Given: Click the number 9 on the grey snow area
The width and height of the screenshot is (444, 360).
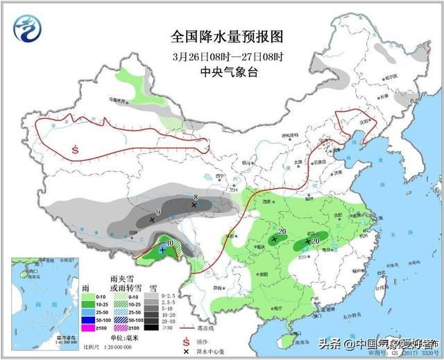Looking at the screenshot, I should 158,212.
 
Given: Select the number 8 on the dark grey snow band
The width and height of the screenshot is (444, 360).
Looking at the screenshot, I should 196,198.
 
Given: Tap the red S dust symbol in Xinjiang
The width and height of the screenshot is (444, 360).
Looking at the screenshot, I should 75,148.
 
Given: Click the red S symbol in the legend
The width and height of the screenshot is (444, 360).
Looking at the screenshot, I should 185,341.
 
